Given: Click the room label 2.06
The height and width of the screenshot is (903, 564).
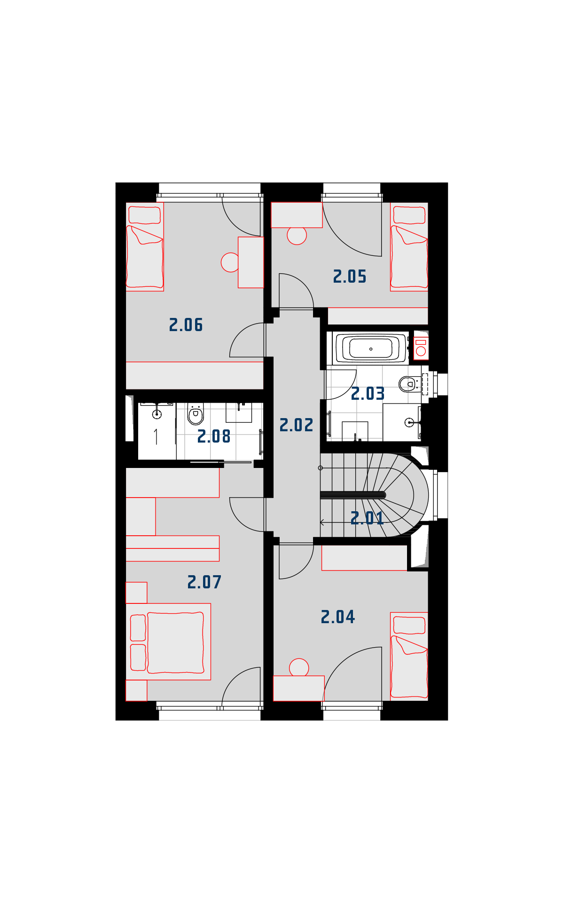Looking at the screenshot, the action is [186, 325].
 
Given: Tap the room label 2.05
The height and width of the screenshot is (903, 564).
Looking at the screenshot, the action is [350, 277].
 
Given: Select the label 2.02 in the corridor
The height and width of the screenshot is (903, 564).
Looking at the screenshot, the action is [296, 425].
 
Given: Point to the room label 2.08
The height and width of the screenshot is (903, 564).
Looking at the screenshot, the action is [214, 436].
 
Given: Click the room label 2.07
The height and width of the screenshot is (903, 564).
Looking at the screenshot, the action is [204, 582].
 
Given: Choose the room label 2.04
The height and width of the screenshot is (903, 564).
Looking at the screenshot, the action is [338, 617].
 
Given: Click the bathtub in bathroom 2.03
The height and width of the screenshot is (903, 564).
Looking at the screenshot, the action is [371, 349].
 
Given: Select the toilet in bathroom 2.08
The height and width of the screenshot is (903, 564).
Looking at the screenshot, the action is [196, 414].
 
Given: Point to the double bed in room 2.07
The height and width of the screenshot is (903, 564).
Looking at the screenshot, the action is [168, 642].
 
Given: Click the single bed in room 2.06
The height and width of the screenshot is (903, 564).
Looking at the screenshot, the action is [145, 247].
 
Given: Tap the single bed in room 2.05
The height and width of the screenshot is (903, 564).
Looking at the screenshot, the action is [409, 247].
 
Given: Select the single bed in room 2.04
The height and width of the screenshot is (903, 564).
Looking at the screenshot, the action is [409, 657].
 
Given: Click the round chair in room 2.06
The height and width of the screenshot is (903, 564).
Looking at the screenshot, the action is [230, 262].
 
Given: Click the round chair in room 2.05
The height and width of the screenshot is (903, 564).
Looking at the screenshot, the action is [297, 235].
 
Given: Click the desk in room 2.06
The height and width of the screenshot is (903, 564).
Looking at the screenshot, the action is [251, 262].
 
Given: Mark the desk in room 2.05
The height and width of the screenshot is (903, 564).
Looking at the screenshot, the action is [297, 215].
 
